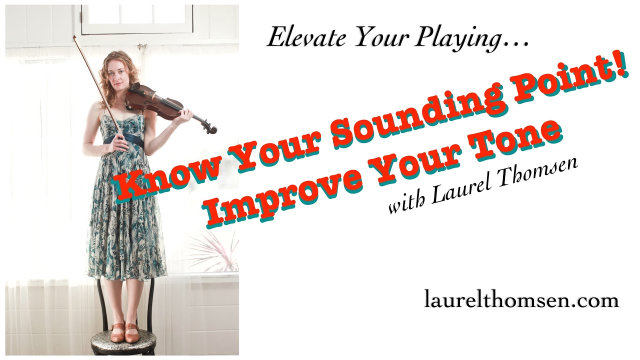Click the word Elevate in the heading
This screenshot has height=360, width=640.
point(306,37)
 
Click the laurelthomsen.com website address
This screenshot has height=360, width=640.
point(521,300)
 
